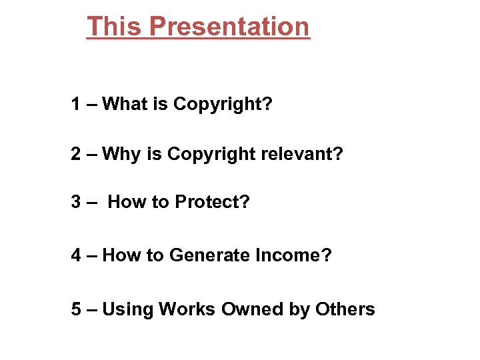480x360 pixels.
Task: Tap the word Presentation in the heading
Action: [x=229, y=27]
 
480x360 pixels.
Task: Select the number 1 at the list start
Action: [x=77, y=104]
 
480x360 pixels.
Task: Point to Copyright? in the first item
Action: [x=223, y=105]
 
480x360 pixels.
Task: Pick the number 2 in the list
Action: [x=77, y=154]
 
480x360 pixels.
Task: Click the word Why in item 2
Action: [x=122, y=154]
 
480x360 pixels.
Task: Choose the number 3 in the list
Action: [x=77, y=201]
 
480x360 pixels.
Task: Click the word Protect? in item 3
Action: [x=212, y=201]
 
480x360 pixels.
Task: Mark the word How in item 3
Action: [x=123, y=201]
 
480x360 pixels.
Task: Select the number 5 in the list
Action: [x=77, y=309]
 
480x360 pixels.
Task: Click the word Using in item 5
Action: [x=127, y=310]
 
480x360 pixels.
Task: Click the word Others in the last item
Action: [x=345, y=309]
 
